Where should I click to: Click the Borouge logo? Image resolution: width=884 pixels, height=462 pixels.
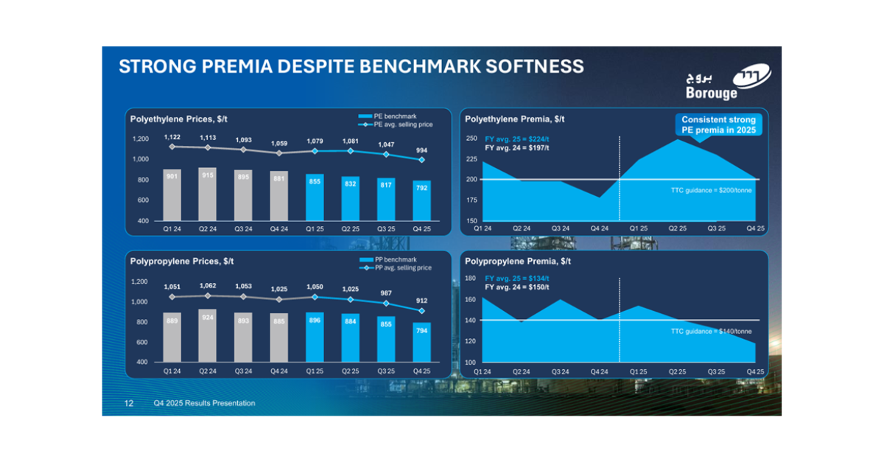click(x=728, y=81)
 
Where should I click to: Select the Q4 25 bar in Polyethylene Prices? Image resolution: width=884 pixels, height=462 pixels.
click(x=421, y=200)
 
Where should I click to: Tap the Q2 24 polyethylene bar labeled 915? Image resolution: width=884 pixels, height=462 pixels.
click(x=208, y=195)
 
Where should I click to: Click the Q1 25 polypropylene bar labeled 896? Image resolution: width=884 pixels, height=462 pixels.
click(x=315, y=337)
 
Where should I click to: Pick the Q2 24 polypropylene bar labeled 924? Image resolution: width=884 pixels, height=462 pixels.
click(x=208, y=336)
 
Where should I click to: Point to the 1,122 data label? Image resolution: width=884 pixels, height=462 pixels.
click(x=172, y=137)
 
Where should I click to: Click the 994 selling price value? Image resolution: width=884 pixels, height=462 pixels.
click(x=421, y=150)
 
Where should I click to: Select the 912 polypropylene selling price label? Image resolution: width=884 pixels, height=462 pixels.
click(x=421, y=301)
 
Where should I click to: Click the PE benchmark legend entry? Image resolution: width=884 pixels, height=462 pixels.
click(x=387, y=116)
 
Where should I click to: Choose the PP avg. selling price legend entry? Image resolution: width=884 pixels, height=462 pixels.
click(x=396, y=267)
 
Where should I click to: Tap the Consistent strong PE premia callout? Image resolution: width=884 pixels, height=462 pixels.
click(x=719, y=125)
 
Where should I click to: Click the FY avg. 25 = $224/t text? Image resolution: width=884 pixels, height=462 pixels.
click(x=516, y=139)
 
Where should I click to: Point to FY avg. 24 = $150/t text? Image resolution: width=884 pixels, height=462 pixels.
click(x=516, y=287)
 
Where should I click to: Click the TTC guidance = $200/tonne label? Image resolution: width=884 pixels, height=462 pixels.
click(x=711, y=190)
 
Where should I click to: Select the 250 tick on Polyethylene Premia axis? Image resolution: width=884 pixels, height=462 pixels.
click(x=471, y=139)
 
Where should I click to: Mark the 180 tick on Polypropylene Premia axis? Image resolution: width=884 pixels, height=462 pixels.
click(x=471, y=278)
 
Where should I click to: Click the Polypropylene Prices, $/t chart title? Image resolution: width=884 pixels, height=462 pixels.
click(x=182, y=262)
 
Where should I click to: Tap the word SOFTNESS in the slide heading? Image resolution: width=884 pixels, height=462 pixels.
click(x=535, y=66)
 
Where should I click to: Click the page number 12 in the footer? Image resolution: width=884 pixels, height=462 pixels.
click(x=129, y=403)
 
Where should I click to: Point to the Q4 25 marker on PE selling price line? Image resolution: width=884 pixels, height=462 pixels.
click(x=421, y=160)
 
